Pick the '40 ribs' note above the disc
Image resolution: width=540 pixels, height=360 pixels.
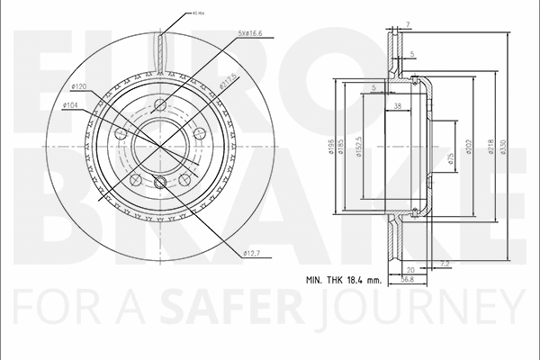[199, 13]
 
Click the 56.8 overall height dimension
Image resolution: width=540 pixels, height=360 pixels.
[407, 279]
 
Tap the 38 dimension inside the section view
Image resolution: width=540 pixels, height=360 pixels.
[398, 106]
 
